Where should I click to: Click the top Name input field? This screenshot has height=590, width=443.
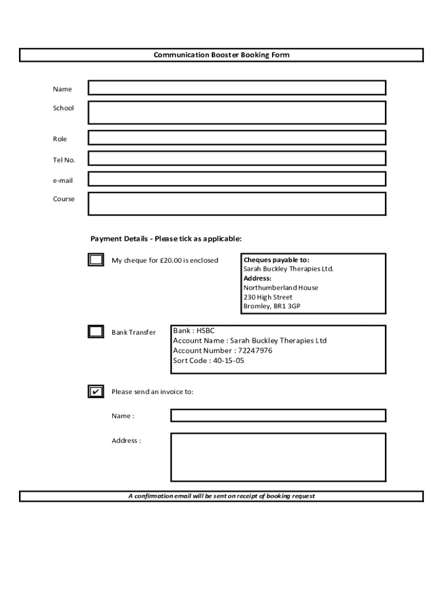point(236,88)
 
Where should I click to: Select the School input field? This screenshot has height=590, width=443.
point(236,112)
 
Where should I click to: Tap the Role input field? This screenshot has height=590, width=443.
point(236,138)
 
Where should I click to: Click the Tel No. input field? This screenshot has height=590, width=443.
point(236,158)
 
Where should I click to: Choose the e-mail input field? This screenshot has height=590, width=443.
point(236,179)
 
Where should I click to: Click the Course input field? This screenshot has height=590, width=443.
point(236,203)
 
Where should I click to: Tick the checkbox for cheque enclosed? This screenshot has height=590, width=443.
point(96,260)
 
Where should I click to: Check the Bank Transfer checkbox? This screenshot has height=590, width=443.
point(96,332)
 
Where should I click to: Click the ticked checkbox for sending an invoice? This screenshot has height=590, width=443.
point(96,392)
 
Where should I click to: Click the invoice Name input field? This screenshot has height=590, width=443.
point(278,415)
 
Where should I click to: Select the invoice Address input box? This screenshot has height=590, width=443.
point(278,457)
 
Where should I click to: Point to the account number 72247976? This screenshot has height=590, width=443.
point(255,350)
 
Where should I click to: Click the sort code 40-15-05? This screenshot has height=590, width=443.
point(228,361)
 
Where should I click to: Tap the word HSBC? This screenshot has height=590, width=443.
point(205,331)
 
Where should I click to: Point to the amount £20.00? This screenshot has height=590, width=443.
point(170,260)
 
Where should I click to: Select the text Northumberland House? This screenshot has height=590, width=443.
point(280,288)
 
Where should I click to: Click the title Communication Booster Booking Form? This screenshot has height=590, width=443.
point(221,55)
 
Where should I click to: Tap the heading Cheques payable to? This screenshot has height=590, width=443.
point(276,260)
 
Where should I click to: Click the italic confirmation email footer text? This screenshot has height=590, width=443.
point(221,496)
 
